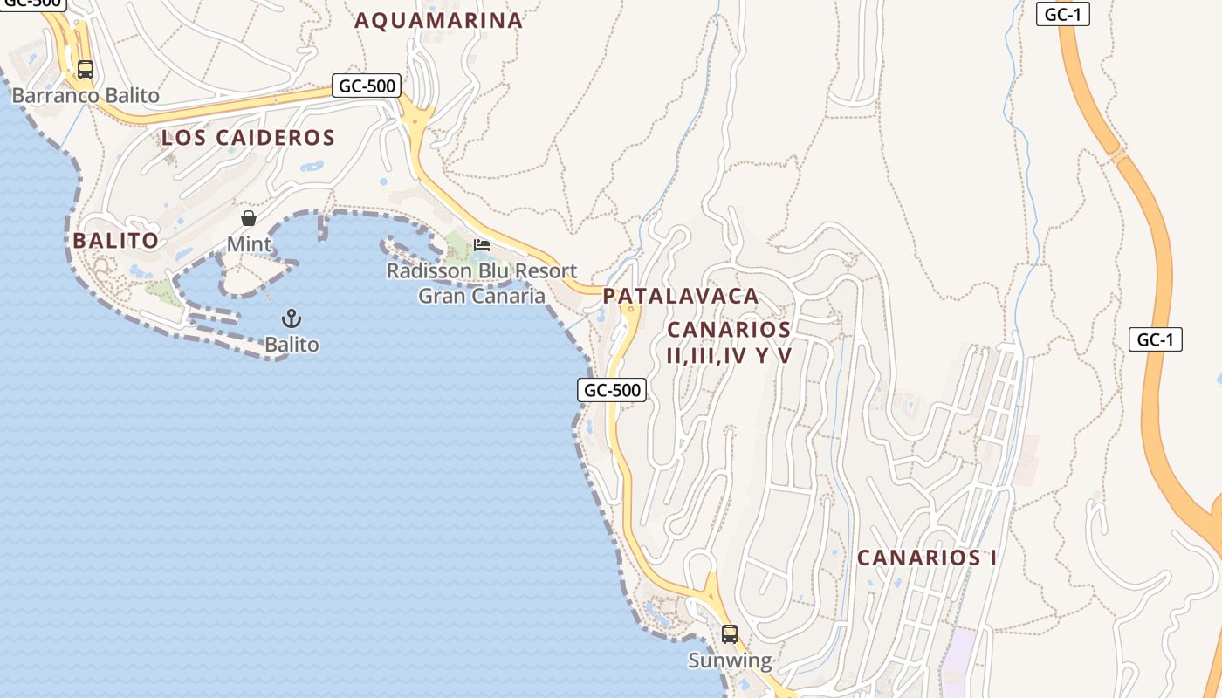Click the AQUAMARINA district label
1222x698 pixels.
coord(438,20)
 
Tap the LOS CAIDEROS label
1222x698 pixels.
coord(248,137)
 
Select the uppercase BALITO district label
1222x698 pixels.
coord(115,241)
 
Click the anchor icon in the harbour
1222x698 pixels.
coord(292,318)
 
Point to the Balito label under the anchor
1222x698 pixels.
coord(292,345)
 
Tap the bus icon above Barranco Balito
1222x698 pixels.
coord(85,70)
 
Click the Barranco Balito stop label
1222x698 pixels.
coord(86,95)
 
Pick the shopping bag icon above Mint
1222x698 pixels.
coord(249,218)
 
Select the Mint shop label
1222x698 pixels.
coord(249,244)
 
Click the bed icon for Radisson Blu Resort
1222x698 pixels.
coord(482,245)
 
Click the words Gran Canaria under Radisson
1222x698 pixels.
coord(482,296)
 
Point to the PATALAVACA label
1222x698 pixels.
coord(681,296)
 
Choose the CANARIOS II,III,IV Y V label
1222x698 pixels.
coord(729,342)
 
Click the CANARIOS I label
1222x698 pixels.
coord(926,558)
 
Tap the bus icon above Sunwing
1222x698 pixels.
coord(730,634)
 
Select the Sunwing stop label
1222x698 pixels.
coord(730,660)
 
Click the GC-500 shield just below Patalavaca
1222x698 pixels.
coord(612,390)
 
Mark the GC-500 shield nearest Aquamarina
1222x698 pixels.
coord(367,86)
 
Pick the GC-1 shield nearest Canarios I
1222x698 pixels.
coord(1156,339)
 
